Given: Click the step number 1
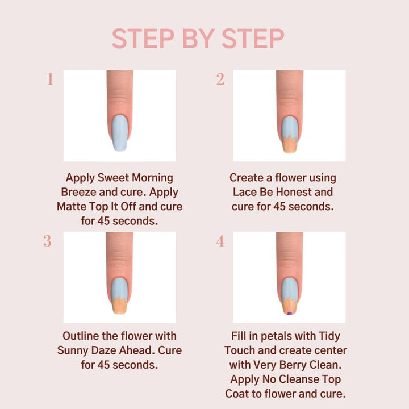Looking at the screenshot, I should coord(50,80).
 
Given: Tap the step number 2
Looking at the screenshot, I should coord(220,80).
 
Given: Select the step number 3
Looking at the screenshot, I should coord(48,241).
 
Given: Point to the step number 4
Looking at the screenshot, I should coord(220,241).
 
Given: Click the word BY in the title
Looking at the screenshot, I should coord(198,39).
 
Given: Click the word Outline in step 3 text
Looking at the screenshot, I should coord(82,336).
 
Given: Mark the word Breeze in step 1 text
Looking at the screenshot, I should coord(82,192).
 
